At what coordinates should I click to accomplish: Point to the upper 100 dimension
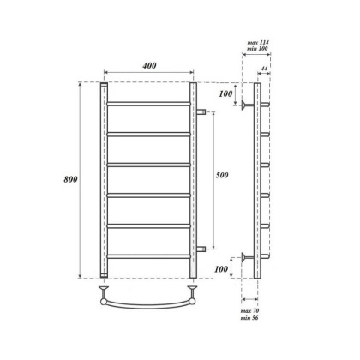pos(225,93)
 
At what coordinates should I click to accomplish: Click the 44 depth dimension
pos(266,68)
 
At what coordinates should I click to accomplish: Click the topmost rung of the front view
pos(148,104)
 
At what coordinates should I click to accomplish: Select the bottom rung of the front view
pos(148,256)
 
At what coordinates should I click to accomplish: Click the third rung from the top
pos(148,165)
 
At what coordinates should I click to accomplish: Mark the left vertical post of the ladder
pos(103,180)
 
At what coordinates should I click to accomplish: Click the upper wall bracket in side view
pos(247,105)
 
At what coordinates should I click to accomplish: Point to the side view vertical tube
pos(257,180)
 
